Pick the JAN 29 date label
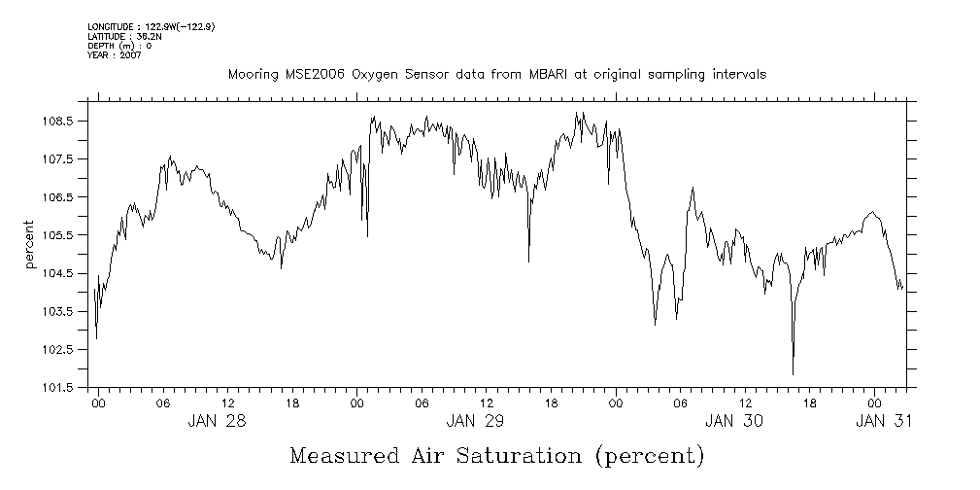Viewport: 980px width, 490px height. (475, 421)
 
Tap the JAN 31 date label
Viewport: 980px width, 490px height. (884, 421)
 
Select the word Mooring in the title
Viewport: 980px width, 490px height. (251, 74)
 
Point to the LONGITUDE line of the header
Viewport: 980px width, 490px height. (151, 27)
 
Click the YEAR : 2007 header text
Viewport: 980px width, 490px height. (115, 54)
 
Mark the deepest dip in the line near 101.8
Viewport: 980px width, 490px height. (793, 373)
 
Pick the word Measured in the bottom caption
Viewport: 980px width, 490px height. (343, 456)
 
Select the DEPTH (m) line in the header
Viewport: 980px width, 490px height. (119, 46)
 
